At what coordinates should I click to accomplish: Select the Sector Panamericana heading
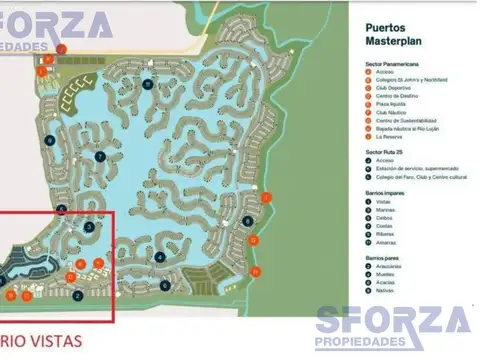pyautogui.click(x=396, y=63)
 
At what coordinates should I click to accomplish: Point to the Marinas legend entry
pyautogui.click(x=385, y=209)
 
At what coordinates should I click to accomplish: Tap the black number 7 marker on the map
pyautogui.click(x=100, y=157)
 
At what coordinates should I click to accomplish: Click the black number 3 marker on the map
pyautogui.click(x=89, y=228)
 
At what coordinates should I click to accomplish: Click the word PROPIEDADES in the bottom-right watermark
pyautogui.click(x=395, y=343)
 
